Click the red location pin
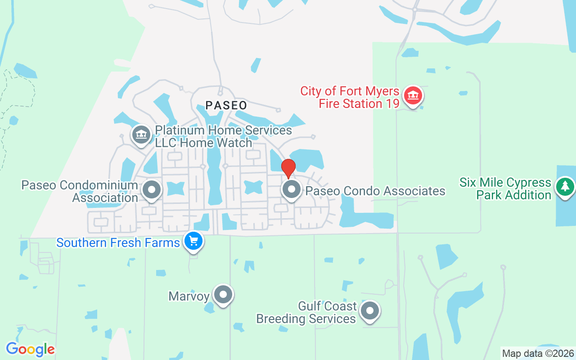point(288,167)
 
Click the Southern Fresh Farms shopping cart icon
point(193,241)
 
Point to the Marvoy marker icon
point(223,295)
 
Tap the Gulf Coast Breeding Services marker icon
point(370,310)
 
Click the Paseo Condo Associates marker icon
point(292,189)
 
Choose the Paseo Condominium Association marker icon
point(152,189)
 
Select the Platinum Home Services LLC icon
point(141,135)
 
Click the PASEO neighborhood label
point(226,106)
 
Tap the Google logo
point(30,349)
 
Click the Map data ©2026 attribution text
point(538,354)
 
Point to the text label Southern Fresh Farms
point(118,243)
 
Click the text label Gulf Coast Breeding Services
point(306,313)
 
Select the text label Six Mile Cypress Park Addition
point(505,189)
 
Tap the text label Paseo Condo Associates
point(375,191)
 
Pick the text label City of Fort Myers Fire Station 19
point(350,98)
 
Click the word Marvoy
point(189,297)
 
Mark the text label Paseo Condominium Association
point(80,192)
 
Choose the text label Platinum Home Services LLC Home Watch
point(223,137)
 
